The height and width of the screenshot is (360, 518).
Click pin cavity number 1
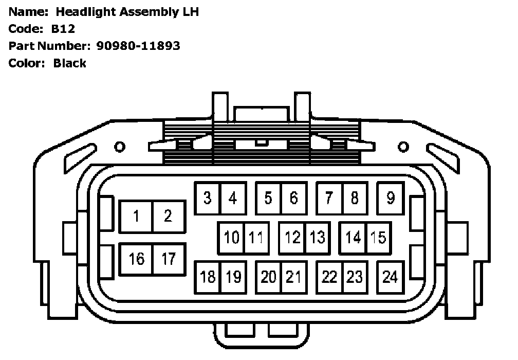click(136, 216)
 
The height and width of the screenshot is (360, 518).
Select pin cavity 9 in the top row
click(391, 198)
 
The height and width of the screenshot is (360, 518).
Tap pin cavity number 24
click(391, 277)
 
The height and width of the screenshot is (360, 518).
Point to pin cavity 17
click(169, 259)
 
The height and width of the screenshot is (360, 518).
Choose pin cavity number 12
click(292, 238)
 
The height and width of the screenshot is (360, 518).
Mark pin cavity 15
click(378, 238)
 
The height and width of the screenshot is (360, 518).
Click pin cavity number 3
click(207, 198)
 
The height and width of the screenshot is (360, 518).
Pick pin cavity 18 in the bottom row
click(208, 277)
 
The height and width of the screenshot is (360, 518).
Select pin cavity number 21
click(293, 277)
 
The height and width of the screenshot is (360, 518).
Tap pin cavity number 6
click(293, 198)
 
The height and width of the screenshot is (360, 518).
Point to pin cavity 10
click(232, 238)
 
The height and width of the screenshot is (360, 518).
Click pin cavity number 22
click(329, 277)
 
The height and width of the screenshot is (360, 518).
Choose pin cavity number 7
click(329, 198)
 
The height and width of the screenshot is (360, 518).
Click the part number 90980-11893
click(138, 46)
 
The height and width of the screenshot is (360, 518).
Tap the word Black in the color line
click(69, 63)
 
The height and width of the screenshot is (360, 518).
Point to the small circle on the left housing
click(119, 148)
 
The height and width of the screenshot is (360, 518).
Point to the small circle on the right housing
click(404, 148)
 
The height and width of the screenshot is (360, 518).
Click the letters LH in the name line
click(187, 12)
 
